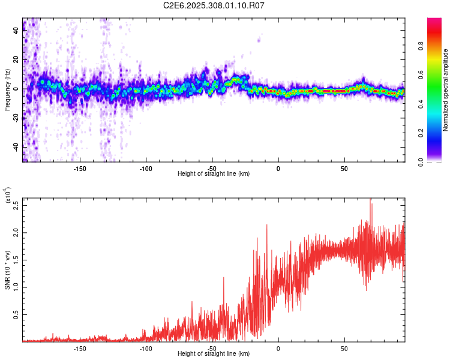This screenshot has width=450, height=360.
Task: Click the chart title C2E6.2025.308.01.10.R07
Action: click(214, 5)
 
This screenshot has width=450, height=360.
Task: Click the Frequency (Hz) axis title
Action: click(7, 90)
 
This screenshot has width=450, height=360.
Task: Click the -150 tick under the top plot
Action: click(80, 168)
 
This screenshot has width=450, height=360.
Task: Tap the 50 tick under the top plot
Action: click(344, 168)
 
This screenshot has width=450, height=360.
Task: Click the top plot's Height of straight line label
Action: click(214, 174)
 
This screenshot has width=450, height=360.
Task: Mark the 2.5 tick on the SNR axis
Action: click(16, 204)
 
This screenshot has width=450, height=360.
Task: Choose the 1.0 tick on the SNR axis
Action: click(16, 287)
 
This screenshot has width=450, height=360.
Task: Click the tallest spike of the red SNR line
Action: click(370, 199)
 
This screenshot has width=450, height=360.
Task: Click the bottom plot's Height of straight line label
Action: click(214, 354)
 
